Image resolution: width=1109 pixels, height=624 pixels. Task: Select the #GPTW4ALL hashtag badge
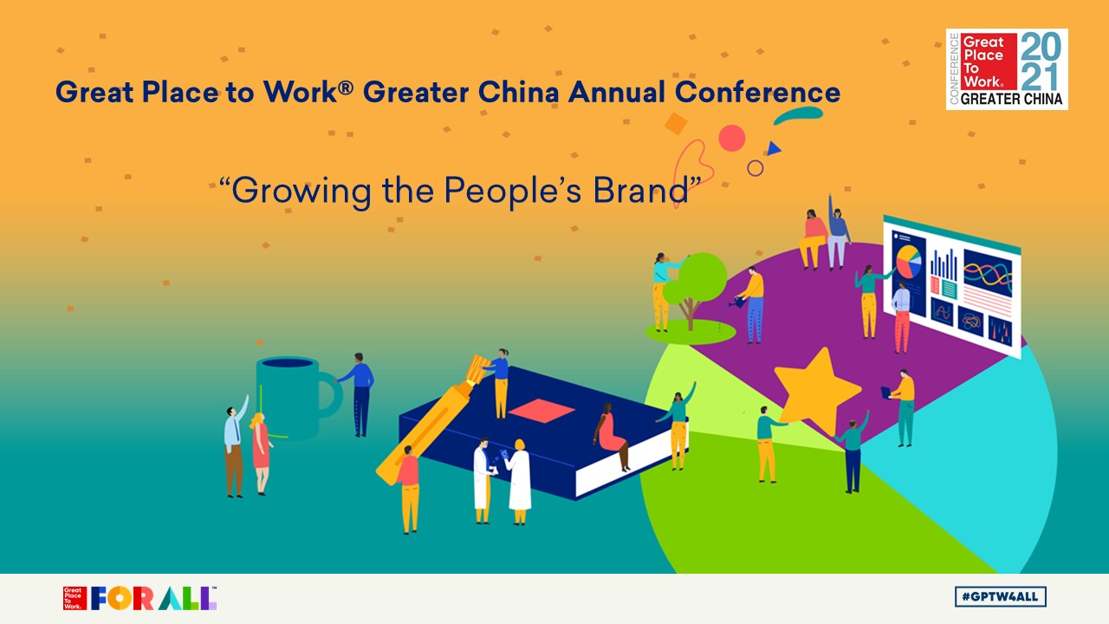pyautogui.click(x=1001, y=596)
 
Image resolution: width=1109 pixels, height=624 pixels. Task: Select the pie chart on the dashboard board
pyautogui.click(x=909, y=261)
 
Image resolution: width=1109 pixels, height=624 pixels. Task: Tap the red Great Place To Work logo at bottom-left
pyautogui.click(x=75, y=598)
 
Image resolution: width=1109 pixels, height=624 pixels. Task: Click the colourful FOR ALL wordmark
pyautogui.click(x=153, y=598)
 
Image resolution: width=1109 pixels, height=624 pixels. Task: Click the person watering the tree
pyautogui.click(x=754, y=303)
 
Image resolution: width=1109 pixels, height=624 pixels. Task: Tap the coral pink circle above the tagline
pyautogui.click(x=732, y=138)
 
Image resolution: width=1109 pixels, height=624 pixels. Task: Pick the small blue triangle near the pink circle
pyautogui.click(x=773, y=149)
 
